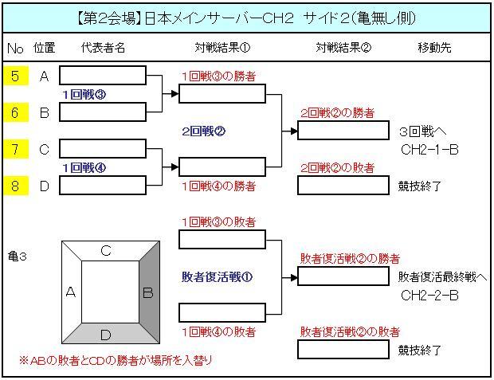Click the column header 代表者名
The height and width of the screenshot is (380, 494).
tap(103, 48)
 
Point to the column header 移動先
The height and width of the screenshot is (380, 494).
tap(434, 48)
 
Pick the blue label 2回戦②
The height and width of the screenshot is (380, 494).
tap(204, 131)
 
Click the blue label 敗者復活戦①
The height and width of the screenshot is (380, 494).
tap(218, 276)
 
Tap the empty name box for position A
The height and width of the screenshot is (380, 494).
tap(103, 76)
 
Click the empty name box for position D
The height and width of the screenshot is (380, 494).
tap(103, 186)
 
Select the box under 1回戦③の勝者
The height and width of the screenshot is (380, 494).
tap(222, 94)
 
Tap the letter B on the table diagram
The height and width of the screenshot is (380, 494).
tap(147, 292)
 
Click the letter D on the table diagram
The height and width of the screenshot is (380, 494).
tap(105, 334)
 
